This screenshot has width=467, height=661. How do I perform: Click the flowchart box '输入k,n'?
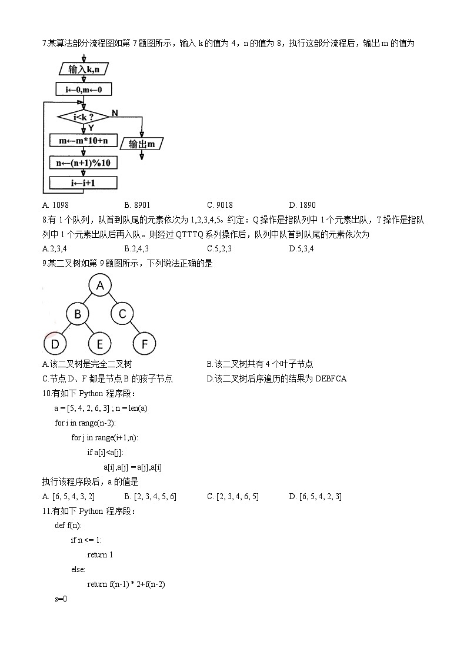84,69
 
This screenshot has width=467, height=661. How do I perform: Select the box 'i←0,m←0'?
84,89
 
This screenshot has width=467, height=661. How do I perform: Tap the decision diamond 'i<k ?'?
83,117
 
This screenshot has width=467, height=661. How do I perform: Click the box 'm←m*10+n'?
83,141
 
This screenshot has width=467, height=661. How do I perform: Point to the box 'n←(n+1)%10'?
83,162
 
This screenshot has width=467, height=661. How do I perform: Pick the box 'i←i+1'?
83,183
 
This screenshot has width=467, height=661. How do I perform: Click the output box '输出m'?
142,144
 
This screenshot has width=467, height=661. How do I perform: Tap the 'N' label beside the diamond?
114,112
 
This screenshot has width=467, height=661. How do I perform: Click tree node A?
100,286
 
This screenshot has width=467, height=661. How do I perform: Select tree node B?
77,314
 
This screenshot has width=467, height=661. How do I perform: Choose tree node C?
122,314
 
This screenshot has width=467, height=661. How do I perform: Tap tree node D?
55,344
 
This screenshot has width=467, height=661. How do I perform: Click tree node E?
100,344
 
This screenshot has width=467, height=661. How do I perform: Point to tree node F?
145,344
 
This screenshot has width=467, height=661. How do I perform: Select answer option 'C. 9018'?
220,205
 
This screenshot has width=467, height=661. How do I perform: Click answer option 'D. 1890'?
302,205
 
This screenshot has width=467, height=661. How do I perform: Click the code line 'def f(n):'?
68,525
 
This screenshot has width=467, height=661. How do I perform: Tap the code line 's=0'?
61,599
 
